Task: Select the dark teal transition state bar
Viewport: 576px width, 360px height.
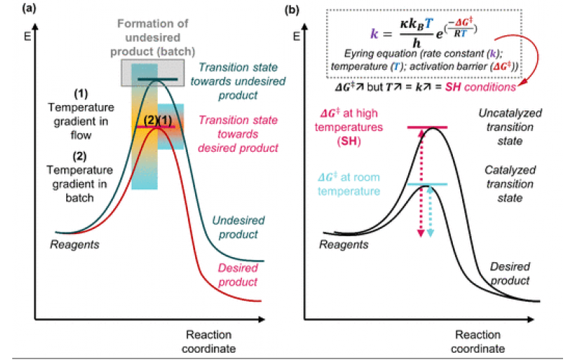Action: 154,78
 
